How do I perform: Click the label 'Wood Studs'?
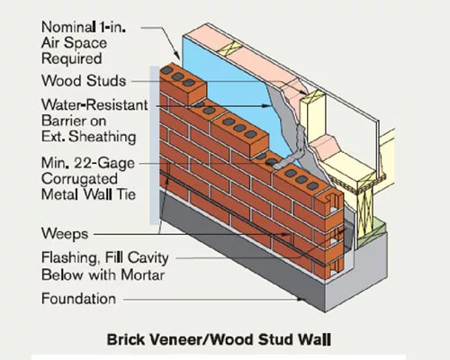tap(84, 81)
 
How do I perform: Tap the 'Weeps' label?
tap(65, 234)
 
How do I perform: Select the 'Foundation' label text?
tap(78, 299)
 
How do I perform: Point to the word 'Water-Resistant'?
tap(94, 105)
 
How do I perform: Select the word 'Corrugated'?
tap(79, 179)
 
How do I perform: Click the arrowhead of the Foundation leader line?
tap(301, 299)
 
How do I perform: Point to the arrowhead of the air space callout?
tap(177, 56)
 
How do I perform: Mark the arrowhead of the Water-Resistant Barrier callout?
tap(266, 105)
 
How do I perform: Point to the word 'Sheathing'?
tap(103, 137)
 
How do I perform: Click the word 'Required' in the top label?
tap(71, 58)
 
